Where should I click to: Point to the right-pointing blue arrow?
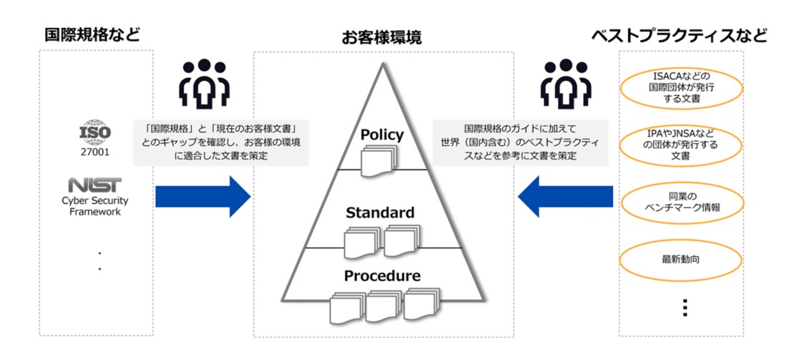point(202,196)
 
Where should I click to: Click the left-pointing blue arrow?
point(566,196)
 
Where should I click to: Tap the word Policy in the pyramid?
point(382,135)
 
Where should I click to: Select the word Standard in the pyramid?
point(380,213)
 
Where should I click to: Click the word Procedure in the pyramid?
point(382,276)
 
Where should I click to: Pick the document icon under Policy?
point(377,160)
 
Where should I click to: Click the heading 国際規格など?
point(92,34)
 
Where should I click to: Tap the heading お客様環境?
point(381,37)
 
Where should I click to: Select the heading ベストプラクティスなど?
point(679,35)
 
